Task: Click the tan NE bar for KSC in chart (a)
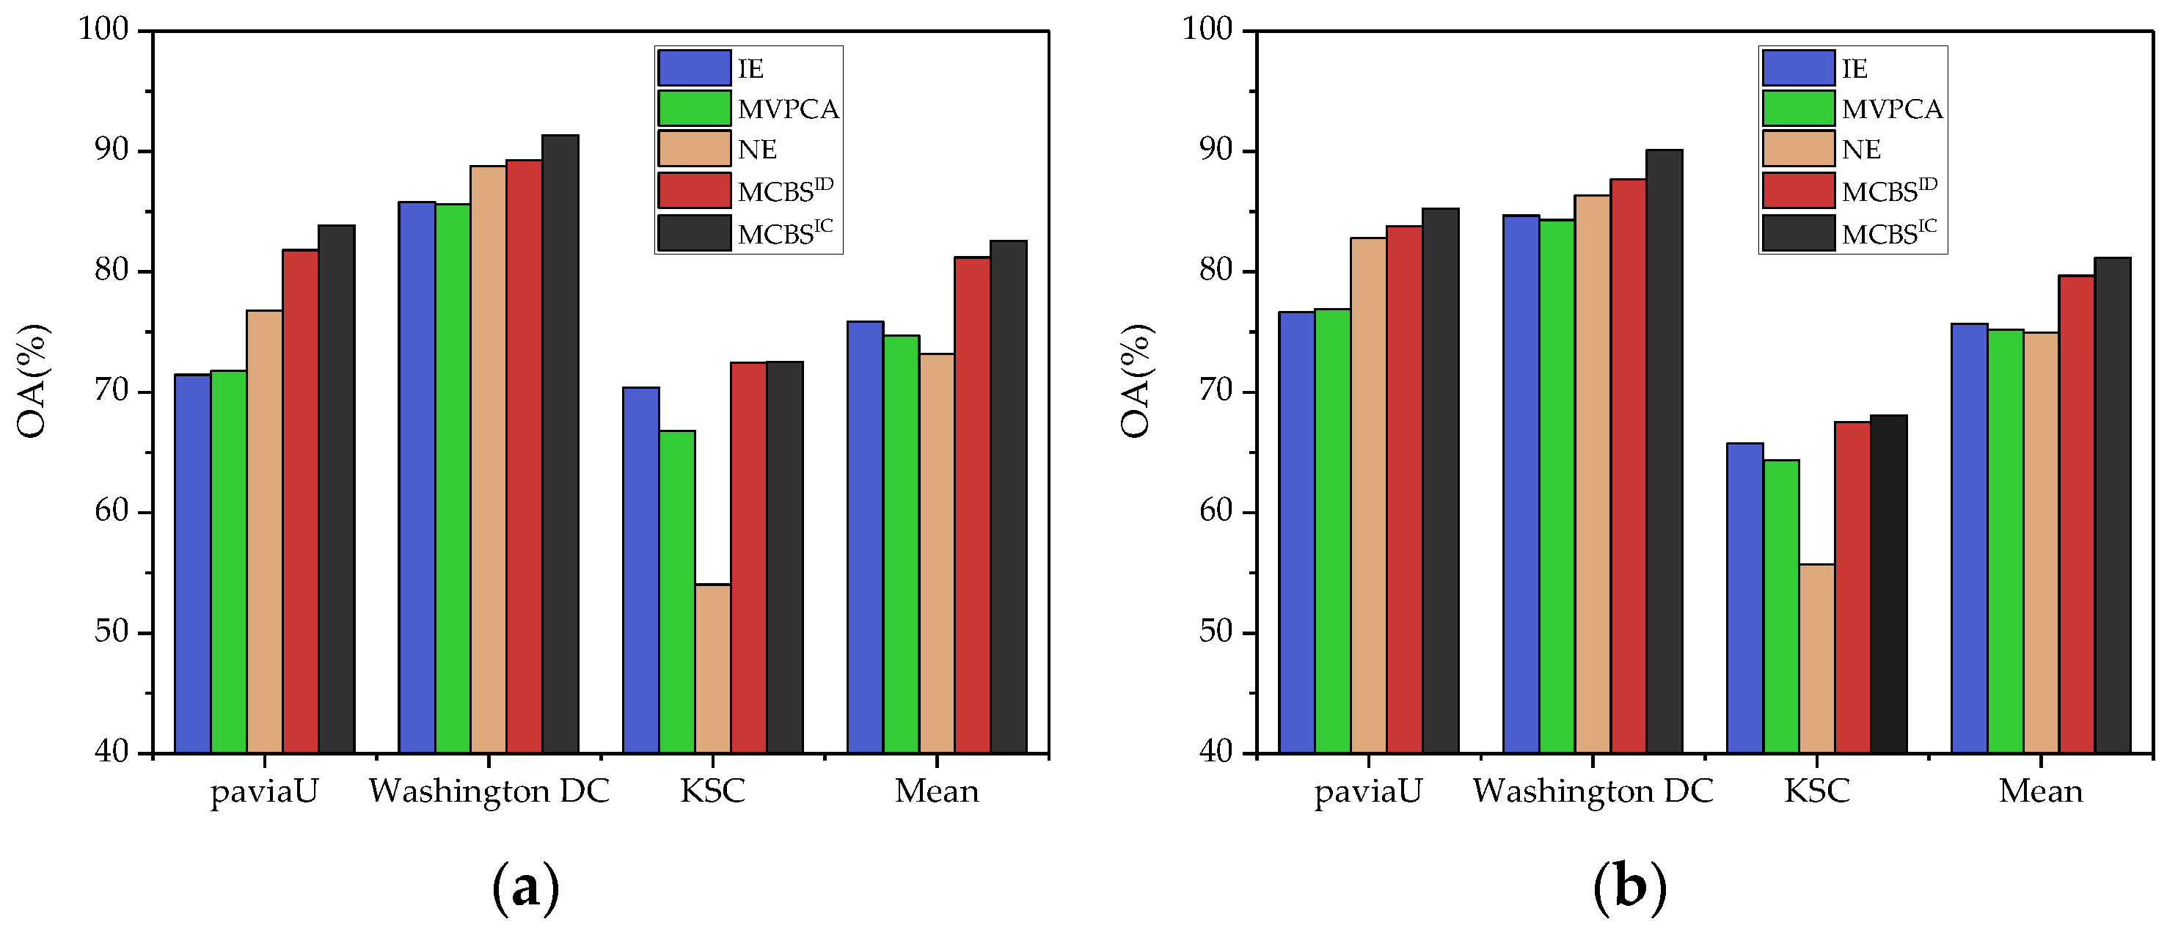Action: pyautogui.click(x=712, y=668)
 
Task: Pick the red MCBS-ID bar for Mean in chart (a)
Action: pyautogui.click(x=971, y=504)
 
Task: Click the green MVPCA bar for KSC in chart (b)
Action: pyautogui.click(x=1781, y=606)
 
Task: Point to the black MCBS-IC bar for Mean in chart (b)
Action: pyautogui.click(x=2112, y=505)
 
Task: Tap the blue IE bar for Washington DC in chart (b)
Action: pyautogui.click(x=1521, y=484)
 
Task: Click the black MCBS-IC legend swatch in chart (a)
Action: pyautogui.click(x=694, y=233)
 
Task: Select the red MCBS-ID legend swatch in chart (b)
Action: pyautogui.click(x=1799, y=190)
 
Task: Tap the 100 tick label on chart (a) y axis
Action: pyautogui.click(x=103, y=29)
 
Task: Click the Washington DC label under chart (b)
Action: pyautogui.click(x=1593, y=791)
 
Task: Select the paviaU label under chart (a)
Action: pyautogui.click(x=264, y=791)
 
